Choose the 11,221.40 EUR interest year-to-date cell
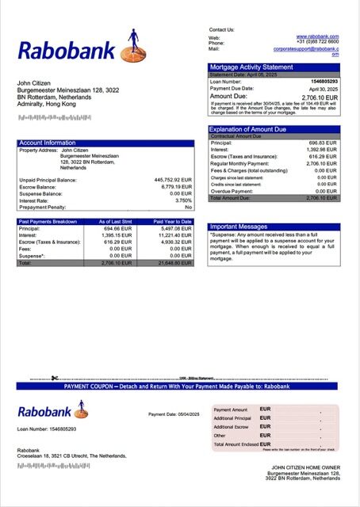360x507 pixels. pos(174,235)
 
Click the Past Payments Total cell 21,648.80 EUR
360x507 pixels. pos(174,262)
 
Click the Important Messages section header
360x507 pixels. pos(238,227)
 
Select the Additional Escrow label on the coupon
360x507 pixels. pos(232,427)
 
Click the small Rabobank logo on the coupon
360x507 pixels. pos(53,411)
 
